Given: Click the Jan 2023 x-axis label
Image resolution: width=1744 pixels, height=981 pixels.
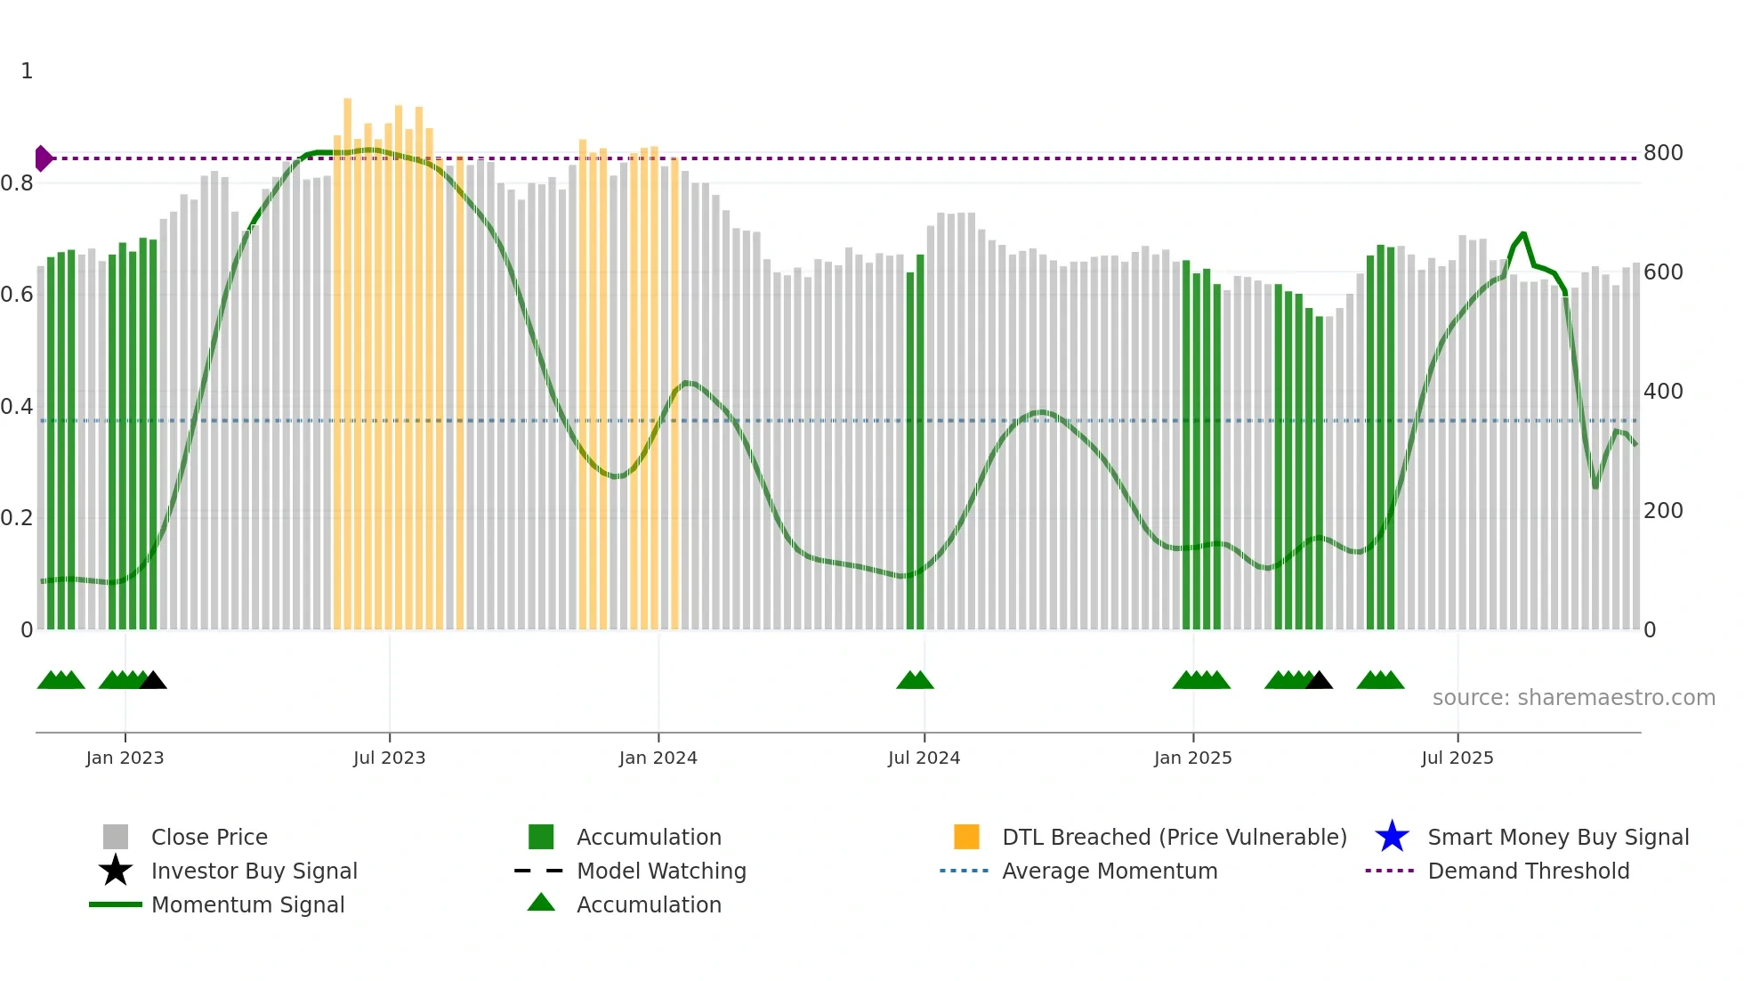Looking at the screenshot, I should [x=125, y=758].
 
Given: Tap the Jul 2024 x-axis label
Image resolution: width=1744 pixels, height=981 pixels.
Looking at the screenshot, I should [x=924, y=758].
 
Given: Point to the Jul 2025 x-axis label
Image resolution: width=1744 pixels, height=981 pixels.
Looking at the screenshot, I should [x=1457, y=758].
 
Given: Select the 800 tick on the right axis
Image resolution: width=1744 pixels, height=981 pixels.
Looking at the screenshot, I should [x=1662, y=153].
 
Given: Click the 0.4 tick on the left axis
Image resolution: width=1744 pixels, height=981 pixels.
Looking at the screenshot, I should [x=17, y=407].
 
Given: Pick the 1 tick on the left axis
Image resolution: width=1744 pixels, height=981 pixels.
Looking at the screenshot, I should [x=27, y=71].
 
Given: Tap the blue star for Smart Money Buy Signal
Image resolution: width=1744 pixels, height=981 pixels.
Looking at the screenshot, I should [x=1392, y=837].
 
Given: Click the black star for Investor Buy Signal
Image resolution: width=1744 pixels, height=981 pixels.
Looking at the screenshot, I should [x=116, y=871].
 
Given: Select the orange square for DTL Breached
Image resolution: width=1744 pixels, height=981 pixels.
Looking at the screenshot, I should [x=966, y=837].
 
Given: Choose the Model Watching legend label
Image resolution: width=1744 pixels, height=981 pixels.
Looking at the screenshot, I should [x=661, y=871].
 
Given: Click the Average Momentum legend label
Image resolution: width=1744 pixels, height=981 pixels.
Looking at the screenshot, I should [x=1110, y=871].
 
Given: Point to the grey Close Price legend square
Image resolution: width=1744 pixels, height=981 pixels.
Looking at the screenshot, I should [x=116, y=837].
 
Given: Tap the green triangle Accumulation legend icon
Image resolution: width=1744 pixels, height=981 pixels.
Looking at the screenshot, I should [x=541, y=903].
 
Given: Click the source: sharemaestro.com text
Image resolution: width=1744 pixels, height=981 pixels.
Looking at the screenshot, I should [x=1573, y=698].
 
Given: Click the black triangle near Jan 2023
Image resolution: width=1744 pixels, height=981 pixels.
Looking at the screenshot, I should [x=153, y=681].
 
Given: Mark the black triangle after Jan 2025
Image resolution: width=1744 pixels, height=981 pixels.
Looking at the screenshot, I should [x=1319, y=681].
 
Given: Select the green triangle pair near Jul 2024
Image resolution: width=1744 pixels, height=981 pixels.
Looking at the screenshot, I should [x=915, y=681].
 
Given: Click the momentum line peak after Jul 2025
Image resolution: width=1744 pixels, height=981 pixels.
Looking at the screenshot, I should [x=1523, y=234].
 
